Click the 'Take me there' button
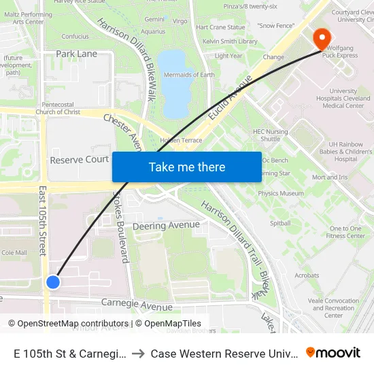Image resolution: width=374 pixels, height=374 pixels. pyautogui.click(x=187, y=167)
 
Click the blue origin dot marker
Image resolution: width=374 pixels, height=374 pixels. pyautogui.click(x=53, y=282)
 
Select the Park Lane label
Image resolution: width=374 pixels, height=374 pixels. pyautogui.click(x=76, y=54)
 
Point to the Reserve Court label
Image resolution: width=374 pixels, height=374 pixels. pyautogui.click(x=80, y=159)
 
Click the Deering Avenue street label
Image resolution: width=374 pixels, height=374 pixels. pyautogui.click(x=166, y=225)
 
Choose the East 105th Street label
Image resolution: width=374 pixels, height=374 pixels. pyautogui.click(x=42, y=220)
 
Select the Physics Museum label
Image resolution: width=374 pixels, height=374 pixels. pyautogui.click(x=281, y=194)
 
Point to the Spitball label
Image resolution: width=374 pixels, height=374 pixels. pyautogui.click(x=280, y=223)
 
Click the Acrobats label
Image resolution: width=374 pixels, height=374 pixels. pyautogui.click(x=307, y=275)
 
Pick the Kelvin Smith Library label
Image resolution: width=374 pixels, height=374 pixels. pyautogui.click(x=229, y=41)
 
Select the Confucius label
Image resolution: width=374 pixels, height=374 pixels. pyautogui.click(x=75, y=36)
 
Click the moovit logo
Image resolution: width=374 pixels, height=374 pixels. pyautogui.click(x=333, y=353)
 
